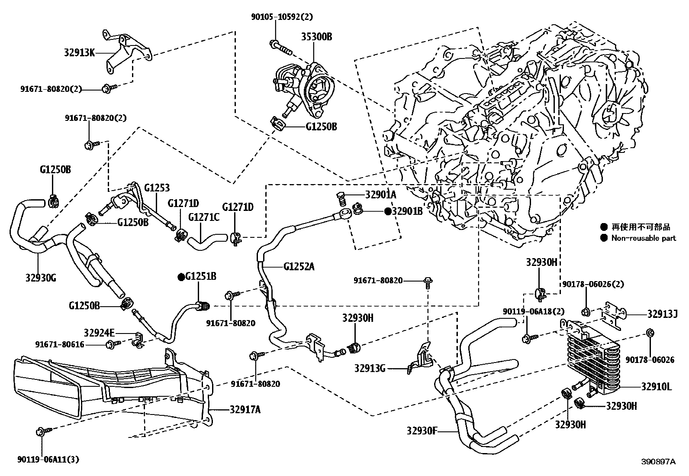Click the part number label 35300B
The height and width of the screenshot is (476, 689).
(317, 37)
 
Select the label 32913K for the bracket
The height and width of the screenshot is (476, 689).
(79, 53)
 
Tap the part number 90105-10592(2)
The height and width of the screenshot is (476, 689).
(282, 17)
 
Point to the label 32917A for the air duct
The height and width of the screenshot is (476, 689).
(242, 409)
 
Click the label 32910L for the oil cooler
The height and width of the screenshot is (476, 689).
(656, 387)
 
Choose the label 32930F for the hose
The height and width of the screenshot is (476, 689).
(422, 431)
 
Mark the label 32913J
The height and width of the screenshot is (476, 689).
(662, 314)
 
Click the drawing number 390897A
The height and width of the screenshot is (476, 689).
(658, 462)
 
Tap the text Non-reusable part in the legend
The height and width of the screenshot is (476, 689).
(644, 238)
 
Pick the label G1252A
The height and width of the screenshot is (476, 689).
(299, 266)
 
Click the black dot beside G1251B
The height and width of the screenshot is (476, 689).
(181, 277)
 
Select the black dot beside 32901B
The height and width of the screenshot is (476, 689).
(388, 211)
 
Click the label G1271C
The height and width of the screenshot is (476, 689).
(204, 217)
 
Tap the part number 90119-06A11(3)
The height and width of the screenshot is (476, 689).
(49, 459)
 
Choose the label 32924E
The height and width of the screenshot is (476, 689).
(100, 333)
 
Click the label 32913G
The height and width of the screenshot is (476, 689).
(370, 368)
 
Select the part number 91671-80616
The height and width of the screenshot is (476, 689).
(60, 345)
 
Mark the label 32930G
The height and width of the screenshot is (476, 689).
(41, 278)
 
